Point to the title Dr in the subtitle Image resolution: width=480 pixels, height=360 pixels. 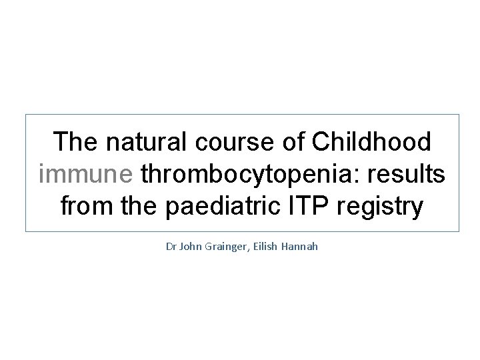171,247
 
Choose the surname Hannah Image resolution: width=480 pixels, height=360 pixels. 303,247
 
